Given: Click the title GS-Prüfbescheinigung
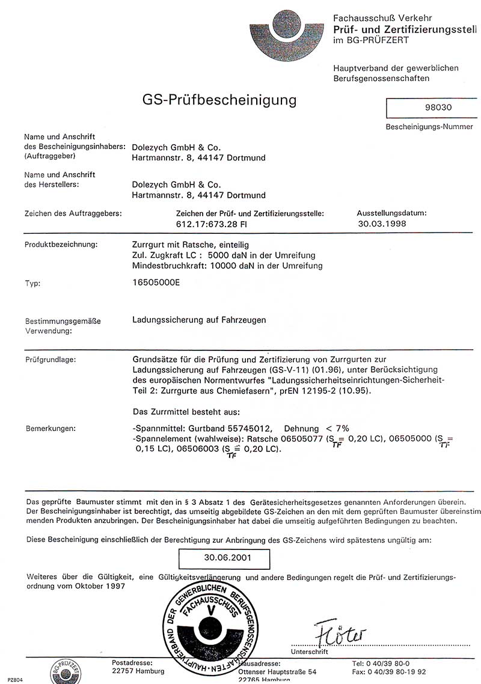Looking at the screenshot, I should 219,99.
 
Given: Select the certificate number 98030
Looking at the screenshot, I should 437,108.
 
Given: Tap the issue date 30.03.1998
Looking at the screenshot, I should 381,223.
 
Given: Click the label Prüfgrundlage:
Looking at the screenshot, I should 51,359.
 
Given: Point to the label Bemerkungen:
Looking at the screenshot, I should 51,429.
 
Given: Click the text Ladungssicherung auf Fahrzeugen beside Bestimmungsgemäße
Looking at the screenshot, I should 199,320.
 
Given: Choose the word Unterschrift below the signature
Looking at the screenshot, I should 309,652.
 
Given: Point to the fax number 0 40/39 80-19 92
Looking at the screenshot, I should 397,671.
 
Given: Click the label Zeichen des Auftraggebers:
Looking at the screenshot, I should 73,213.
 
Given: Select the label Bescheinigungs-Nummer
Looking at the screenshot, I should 429,127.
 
